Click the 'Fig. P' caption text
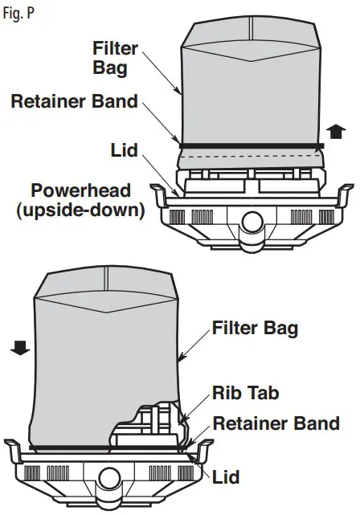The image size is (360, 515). click(x=18, y=14)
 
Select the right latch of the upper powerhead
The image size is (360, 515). click(x=343, y=196)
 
